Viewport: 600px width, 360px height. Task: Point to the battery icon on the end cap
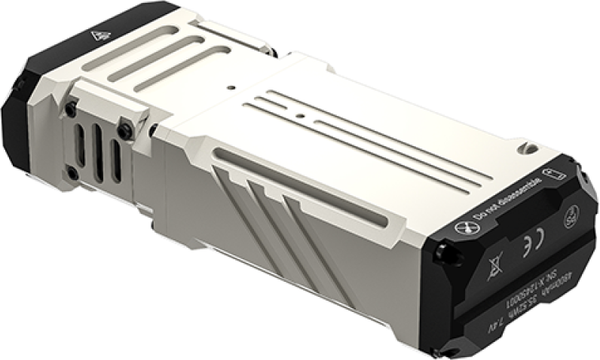[553, 172]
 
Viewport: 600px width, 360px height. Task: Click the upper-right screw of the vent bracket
[124, 129]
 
